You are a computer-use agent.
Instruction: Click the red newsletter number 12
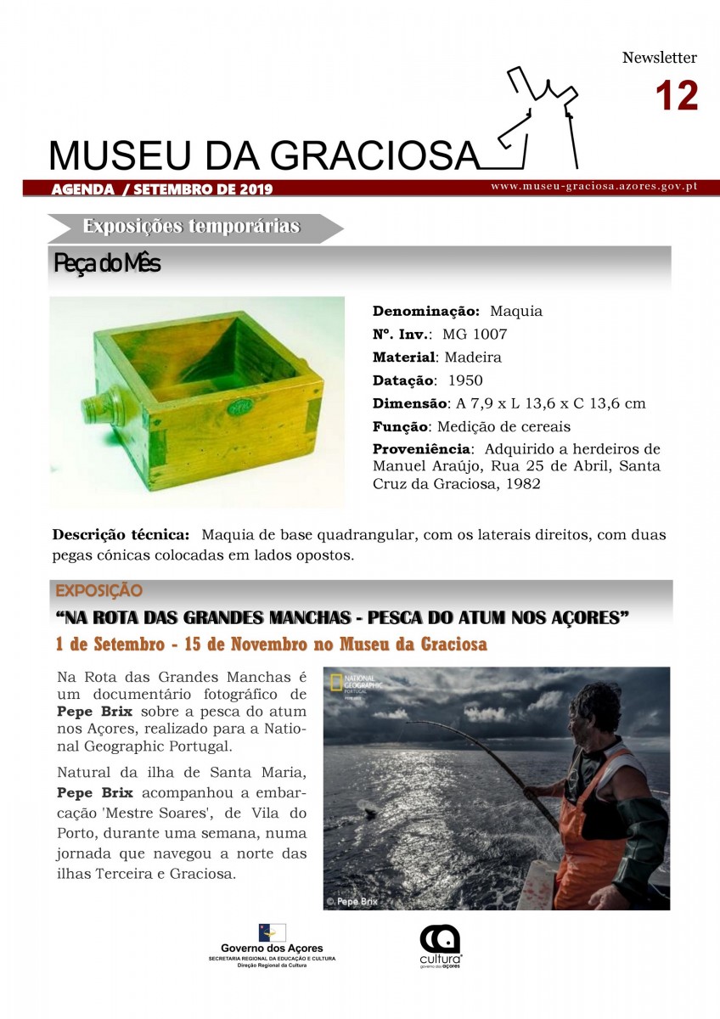[676, 95]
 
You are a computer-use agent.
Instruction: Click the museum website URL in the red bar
[593, 186]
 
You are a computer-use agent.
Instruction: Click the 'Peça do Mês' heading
[107, 263]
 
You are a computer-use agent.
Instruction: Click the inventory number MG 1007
[475, 335]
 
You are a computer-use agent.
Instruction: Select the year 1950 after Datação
[464, 380]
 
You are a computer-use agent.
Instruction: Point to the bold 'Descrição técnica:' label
[121, 535]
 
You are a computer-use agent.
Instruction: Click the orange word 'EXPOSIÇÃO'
[98, 590]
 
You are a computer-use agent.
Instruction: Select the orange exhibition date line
[271, 645]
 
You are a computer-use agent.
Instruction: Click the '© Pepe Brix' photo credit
[352, 901]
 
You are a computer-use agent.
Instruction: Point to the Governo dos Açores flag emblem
[272, 932]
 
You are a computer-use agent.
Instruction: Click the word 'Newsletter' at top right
[659, 58]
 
